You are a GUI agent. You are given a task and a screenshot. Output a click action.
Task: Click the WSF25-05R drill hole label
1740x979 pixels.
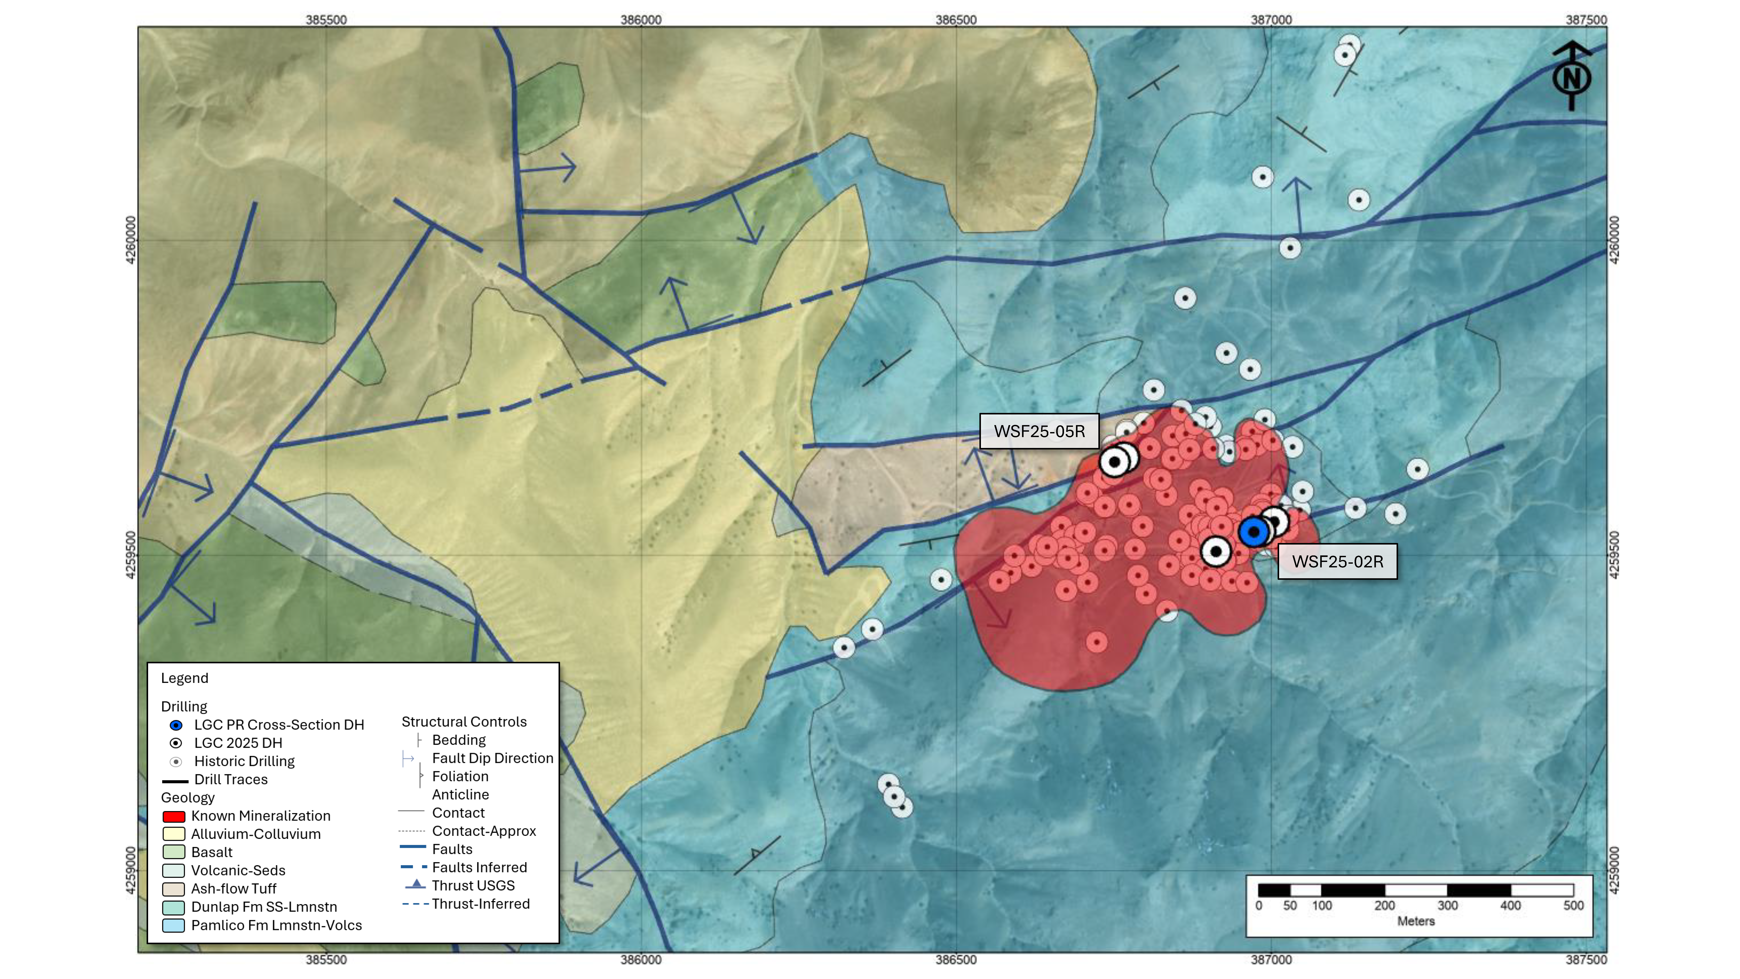tap(1039, 431)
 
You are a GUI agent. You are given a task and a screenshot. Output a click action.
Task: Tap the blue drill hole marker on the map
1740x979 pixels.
tap(1254, 532)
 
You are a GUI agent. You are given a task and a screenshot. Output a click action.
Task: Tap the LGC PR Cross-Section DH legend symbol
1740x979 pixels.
tap(176, 725)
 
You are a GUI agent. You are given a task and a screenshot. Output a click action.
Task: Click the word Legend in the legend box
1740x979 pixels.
tap(184, 678)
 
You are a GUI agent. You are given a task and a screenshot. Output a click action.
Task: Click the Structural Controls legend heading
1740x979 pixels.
tap(464, 722)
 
